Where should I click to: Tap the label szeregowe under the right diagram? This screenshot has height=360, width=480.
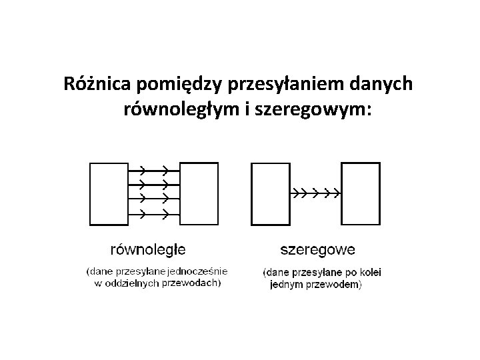click(317, 251)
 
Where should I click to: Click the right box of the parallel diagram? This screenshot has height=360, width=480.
click(199, 193)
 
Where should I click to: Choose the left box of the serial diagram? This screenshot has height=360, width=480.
click(270, 193)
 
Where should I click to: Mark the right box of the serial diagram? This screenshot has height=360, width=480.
click(360, 193)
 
